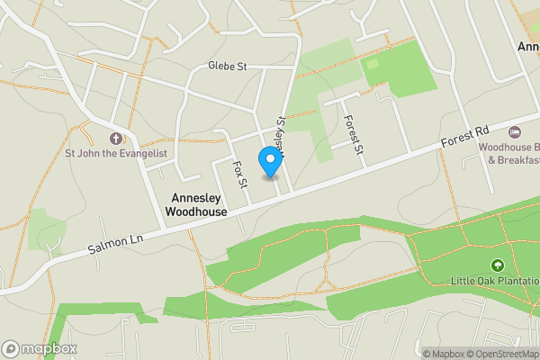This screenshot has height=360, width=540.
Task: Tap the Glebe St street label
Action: pos(227,67)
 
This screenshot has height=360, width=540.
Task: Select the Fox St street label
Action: pos(239,173)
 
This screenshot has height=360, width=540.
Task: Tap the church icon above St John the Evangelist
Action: pos(114,139)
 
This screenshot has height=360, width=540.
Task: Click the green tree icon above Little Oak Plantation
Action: pos(497,265)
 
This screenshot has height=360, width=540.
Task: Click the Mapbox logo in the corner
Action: pos(40,348)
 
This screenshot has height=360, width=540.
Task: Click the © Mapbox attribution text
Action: pos(442,353)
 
